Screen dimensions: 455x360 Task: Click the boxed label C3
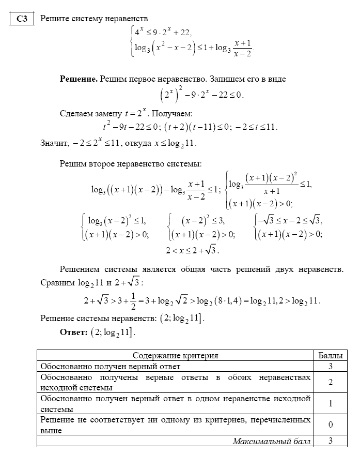[22, 19]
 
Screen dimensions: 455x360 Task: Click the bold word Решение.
[79, 79]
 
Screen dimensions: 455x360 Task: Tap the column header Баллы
[330, 356]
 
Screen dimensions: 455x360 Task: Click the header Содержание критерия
[175, 356]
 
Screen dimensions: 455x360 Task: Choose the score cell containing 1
[330, 404]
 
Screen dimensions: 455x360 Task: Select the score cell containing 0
[330, 425]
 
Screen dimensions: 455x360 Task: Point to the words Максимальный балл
[272, 441]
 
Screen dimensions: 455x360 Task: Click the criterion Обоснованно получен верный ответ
[111, 367]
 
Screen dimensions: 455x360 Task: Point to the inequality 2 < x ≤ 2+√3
[193, 250]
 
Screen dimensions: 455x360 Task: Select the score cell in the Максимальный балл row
[330, 441]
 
